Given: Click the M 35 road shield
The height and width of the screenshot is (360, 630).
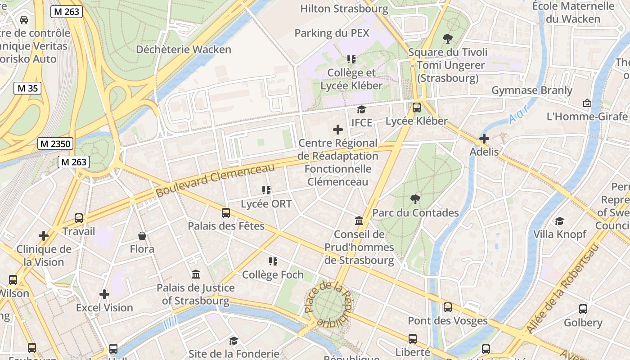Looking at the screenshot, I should point(27,88).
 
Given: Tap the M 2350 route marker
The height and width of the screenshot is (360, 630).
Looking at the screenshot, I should point(55,144).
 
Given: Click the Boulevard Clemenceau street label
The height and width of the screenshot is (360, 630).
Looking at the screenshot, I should point(215,180).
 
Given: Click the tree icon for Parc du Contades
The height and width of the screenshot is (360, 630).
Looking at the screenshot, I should point(415,199).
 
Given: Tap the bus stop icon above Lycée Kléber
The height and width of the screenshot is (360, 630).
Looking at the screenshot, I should point(417,108).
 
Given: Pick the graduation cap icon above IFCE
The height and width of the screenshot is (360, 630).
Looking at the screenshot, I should point(361,109).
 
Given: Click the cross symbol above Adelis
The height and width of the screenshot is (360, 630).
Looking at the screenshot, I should point(484,138).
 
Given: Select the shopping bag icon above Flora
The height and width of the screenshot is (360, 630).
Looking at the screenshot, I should point(142,236).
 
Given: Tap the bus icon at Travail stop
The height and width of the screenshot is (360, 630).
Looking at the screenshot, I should point(79,218).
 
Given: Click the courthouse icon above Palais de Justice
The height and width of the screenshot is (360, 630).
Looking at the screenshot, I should point(196,274).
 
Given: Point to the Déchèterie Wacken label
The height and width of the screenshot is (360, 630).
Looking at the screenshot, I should point(184,49).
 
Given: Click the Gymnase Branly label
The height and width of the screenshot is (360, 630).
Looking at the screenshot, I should point(531,90).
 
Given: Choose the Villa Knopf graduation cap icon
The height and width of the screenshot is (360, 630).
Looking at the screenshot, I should point(559,221).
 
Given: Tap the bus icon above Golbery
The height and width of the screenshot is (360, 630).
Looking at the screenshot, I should point(583,309).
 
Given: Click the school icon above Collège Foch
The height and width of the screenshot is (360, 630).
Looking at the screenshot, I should point(273,261).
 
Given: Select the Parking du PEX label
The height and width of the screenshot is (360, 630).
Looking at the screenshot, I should point(332,33).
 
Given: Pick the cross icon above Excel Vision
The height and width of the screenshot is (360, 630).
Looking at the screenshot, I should point(104,294).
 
